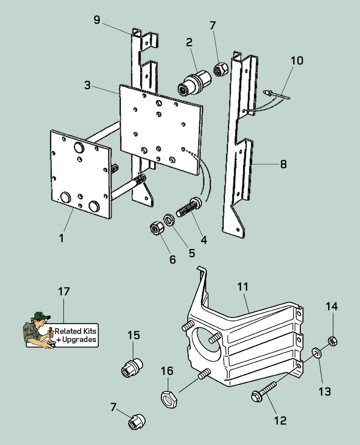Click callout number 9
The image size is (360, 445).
[97, 20]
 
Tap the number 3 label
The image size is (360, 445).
[87, 85]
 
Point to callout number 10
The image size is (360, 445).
[297, 61]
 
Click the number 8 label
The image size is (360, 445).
[283, 165]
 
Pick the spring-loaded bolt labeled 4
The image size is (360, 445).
[189, 208]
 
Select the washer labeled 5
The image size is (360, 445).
[169, 219]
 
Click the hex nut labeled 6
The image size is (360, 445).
[156, 227]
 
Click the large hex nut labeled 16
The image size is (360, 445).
[168, 398]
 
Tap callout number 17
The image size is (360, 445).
[64, 292]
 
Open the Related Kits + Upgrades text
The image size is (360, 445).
[76, 335]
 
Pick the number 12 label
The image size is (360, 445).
[280, 420]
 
